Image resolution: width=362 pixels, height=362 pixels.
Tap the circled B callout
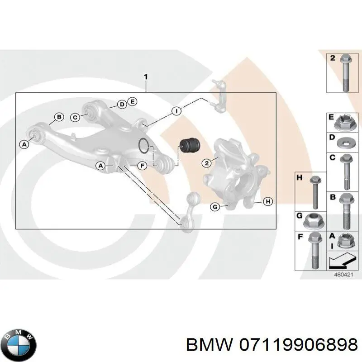[59, 118]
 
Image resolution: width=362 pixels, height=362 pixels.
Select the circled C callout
[76, 117]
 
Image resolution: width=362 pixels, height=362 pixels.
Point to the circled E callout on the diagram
[132, 101]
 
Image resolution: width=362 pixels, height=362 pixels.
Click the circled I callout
[176, 110]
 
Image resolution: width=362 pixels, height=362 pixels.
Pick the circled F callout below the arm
[142, 166]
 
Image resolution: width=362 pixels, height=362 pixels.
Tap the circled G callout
[215, 207]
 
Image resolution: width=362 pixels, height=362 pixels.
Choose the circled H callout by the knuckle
[268, 202]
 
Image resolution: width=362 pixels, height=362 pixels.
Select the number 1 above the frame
[145, 77]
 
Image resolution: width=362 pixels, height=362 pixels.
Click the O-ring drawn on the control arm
[144, 145]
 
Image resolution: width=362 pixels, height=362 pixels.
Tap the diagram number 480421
[342, 275]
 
